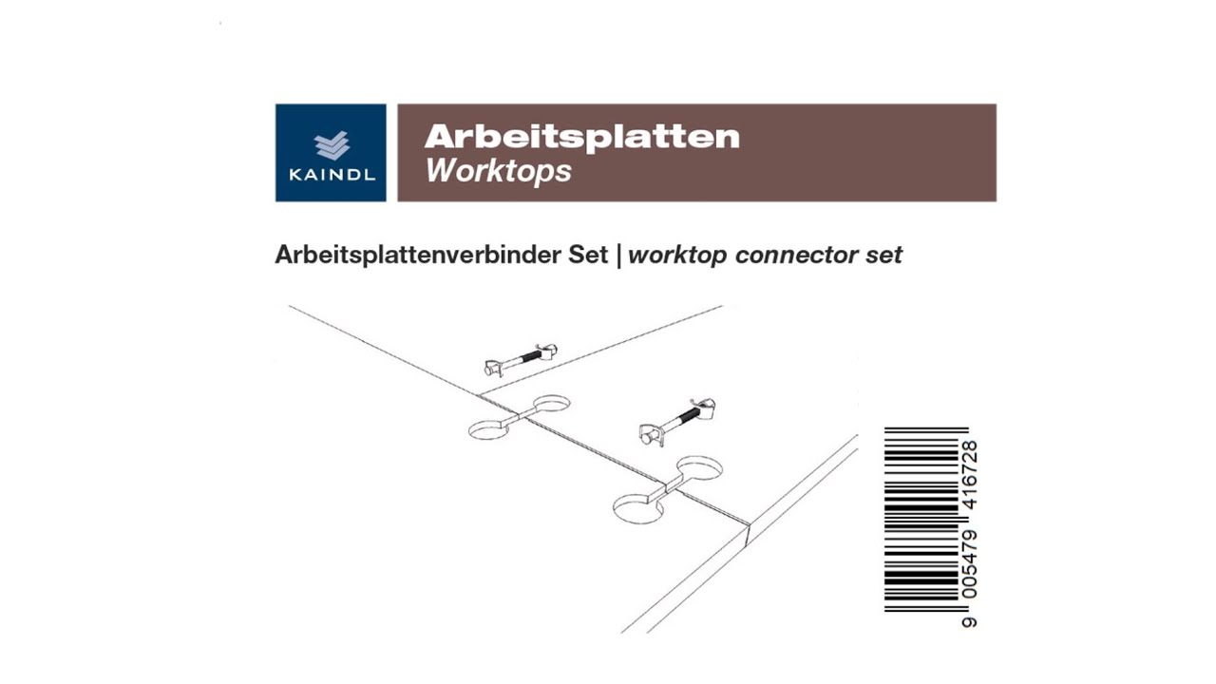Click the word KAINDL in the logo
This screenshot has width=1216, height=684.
click(331, 175)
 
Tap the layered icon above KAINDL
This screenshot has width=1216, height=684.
click(332, 145)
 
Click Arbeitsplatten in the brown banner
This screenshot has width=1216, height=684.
click(581, 137)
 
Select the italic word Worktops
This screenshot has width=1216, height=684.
click(498, 171)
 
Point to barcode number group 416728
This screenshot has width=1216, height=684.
click(969, 477)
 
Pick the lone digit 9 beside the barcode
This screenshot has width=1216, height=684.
click(969, 622)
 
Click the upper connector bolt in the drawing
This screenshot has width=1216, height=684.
click(520, 360)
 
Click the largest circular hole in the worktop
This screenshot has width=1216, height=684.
click(638, 507)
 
